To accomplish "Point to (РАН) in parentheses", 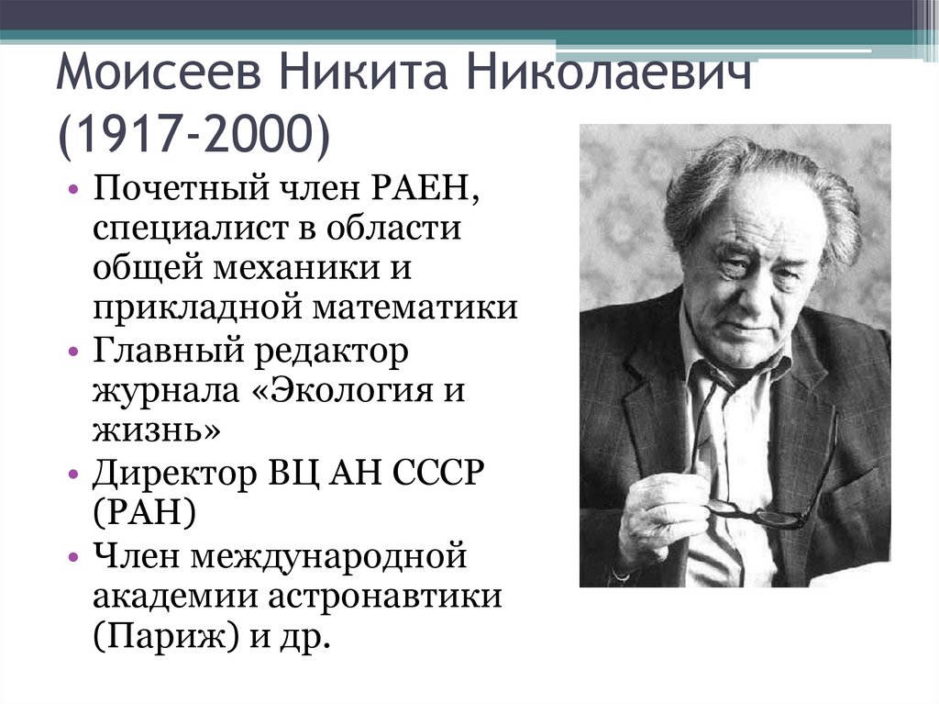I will pyautogui.click(x=143, y=515).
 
